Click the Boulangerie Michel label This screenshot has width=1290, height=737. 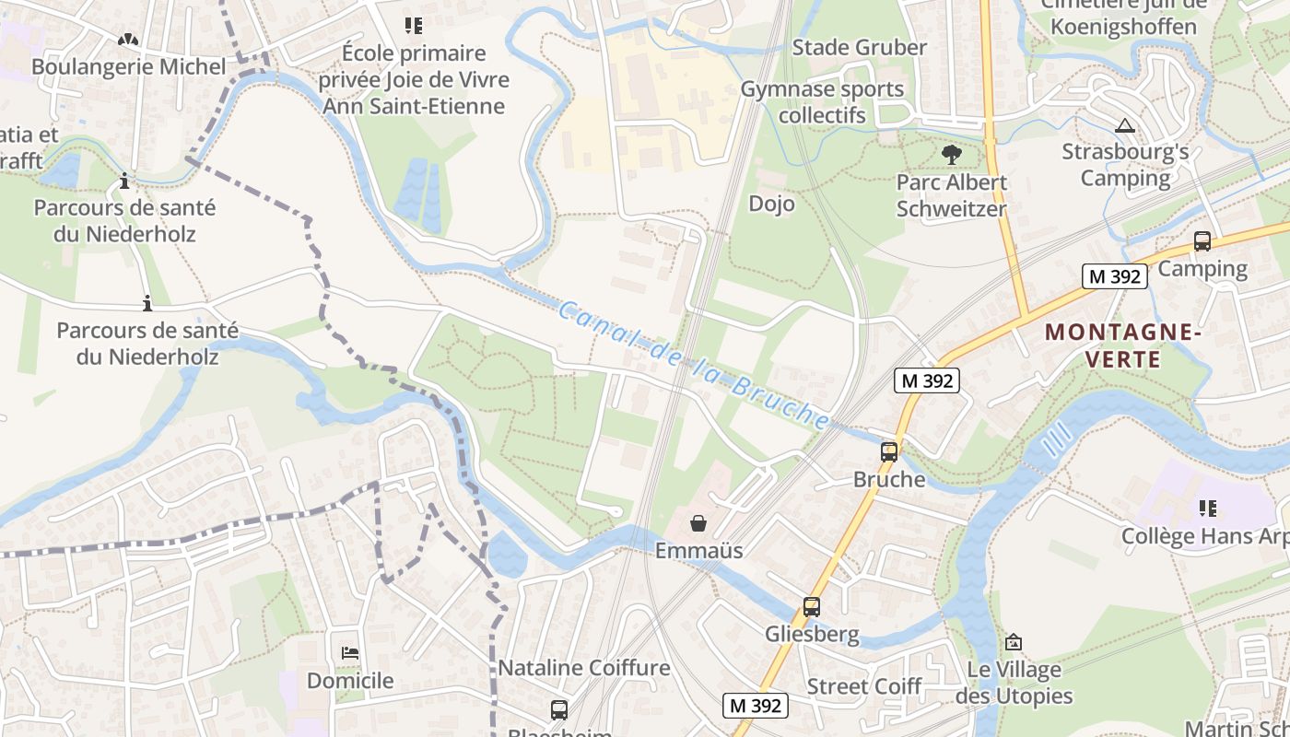(x=128, y=66)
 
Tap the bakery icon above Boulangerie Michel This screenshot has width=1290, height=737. (x=128, y=41)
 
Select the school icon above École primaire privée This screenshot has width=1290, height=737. (x=414, y=26)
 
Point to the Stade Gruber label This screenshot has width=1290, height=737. (x=859, y=47)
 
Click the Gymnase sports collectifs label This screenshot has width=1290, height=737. (x=822, y=102)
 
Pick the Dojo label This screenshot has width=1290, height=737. (x=771, y=204)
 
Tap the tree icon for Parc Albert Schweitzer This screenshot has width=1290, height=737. (x=951, y=155)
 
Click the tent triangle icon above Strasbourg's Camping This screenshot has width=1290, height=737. (x=1124, y=125)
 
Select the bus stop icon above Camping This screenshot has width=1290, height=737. (x=1202, y=241)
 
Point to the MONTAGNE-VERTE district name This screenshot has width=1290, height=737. (x=1123, y=345)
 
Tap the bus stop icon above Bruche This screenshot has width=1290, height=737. (x=888, y=452)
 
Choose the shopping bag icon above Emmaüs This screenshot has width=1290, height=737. (x=698, y=524)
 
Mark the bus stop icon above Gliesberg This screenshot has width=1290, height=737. (x=811, y=607)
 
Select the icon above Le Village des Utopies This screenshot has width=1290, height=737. (x=1014, y=642)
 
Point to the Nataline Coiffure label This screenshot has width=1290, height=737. (x=584, y=667)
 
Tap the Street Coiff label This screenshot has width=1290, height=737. (x=863, y=686)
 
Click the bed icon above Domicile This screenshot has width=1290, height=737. (x=350, y=653)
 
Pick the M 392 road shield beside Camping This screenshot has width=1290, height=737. (x=1114, y=275)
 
